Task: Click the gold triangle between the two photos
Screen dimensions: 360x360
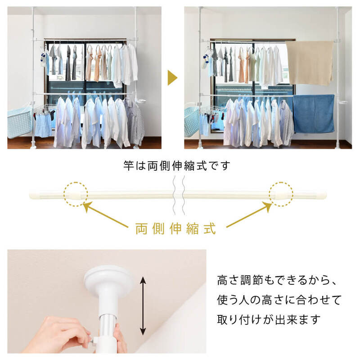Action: [x=172, y=77]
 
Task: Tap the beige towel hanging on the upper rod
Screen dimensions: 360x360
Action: [x=310, y=63]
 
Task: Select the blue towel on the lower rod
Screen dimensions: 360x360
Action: [x=314, y=114]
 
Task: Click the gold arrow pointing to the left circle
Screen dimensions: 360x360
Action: [x=105, y=214]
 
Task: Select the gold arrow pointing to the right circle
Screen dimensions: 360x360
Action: [x=249, y=214]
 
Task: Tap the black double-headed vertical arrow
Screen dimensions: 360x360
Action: [x=143, y=306]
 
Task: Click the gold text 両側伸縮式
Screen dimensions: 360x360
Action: [x=175, y=228]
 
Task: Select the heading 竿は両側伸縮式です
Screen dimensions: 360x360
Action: [x=176, y=166]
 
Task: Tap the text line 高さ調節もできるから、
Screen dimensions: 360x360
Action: [x=276, y=280]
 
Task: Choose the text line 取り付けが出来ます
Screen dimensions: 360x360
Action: [x=269, y=319]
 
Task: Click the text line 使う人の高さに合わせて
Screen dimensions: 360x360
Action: [x=279, y=300]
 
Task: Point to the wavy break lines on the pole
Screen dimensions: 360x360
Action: [x=179, y=195]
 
